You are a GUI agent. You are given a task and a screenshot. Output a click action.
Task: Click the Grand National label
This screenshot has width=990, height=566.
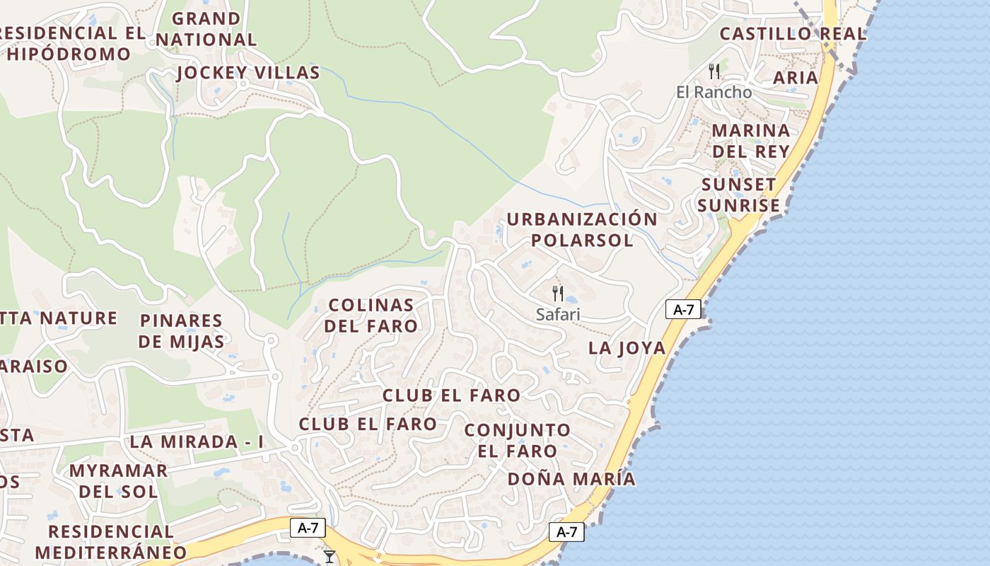[206, 29]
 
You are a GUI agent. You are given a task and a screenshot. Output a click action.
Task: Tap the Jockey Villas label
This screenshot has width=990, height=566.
[248, 73]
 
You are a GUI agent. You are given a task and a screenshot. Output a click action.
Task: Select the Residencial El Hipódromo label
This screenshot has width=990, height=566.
[71, 43]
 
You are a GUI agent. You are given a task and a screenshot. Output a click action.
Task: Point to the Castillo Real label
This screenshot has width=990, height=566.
[792, 33]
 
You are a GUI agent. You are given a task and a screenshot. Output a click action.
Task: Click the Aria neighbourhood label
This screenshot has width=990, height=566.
[796, 77]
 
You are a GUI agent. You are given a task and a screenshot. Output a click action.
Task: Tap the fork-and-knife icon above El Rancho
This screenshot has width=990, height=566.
[714, 71]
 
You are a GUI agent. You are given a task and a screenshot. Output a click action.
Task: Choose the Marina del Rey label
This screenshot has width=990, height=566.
[750, 141]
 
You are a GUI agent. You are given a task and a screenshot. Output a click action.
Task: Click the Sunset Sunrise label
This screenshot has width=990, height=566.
[740, 195]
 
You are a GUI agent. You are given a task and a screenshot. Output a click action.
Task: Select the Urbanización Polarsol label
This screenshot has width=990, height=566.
[582, 229]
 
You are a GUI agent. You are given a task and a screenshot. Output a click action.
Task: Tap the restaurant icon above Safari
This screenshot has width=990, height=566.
[558, 293]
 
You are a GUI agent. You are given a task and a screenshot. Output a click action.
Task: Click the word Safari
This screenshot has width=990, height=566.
[558, 315]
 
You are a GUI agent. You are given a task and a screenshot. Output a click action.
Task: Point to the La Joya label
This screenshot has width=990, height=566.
[627, 347]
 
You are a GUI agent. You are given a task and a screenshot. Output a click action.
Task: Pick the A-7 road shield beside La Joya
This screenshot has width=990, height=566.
[683, 309]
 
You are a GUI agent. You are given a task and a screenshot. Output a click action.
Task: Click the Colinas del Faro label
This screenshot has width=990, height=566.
[372, 316]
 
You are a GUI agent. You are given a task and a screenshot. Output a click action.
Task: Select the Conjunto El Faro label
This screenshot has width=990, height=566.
[518, 440]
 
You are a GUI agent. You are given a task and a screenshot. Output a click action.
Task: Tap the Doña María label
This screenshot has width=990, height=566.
[571, 479]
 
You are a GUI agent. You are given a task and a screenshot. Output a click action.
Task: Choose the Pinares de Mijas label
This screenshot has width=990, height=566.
[181, 331]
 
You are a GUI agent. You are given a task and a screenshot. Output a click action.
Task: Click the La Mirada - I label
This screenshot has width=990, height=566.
[196, 442]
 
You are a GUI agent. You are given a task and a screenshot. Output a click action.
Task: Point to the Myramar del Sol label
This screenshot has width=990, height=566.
[118, 480]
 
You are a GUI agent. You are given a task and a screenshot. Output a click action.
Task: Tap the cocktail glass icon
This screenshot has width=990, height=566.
[330, 557]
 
